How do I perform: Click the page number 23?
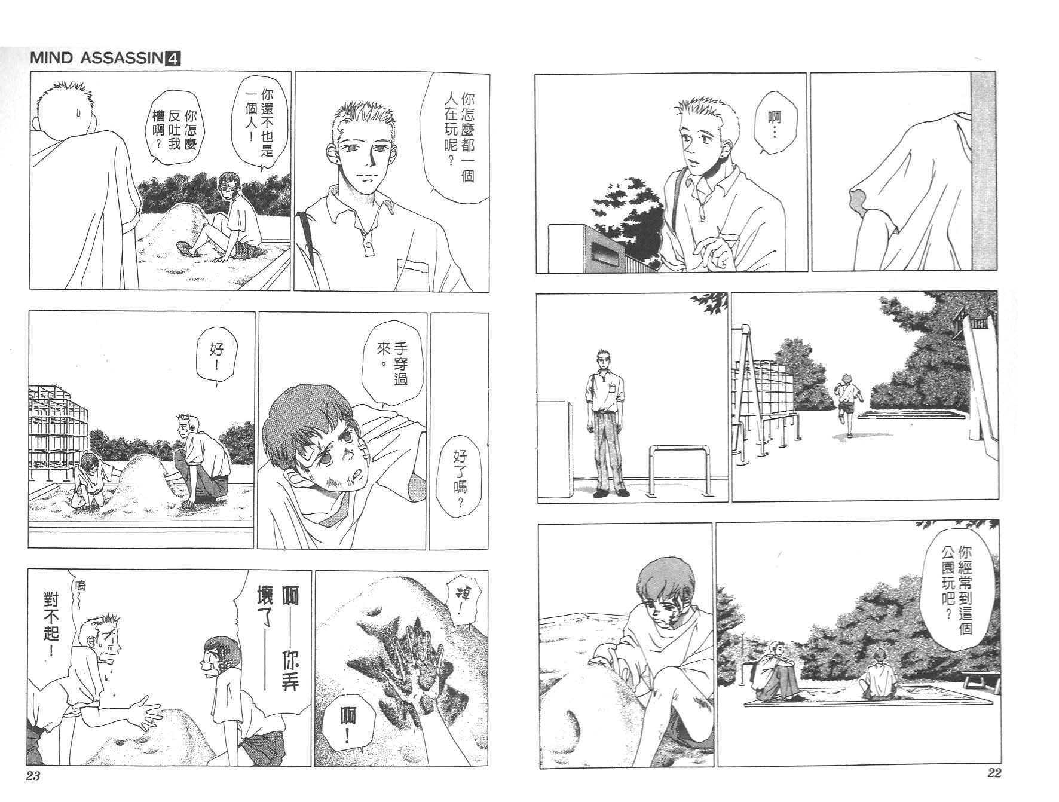coord(33,776)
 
